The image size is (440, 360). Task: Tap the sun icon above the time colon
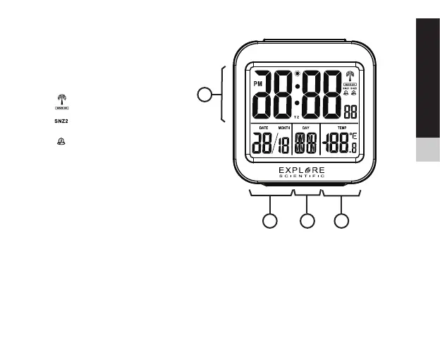[x=298, y=73]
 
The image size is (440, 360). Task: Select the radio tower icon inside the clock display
[x=349, y=76]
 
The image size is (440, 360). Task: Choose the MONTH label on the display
[x=283, y=127]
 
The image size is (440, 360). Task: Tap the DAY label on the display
[x=306, y=127]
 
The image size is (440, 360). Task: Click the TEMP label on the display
[x=342, y=127]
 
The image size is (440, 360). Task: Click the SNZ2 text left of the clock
[x=63, y=121]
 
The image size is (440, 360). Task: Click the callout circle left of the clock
[x=203, y=94]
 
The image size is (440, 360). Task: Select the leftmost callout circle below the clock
[x=270, y=221]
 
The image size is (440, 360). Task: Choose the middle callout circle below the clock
[x=307, y=221]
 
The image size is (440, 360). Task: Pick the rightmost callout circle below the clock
[x=342, y=221]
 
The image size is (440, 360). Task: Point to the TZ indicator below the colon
[x=297, y=116]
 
